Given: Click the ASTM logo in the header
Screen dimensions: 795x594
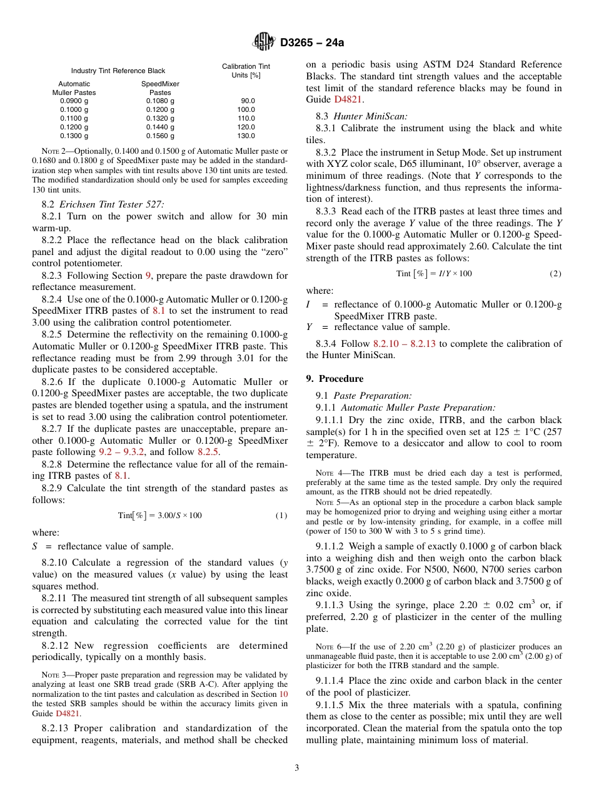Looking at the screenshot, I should (x=263, y=42).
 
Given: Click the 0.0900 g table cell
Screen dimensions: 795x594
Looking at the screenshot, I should (x=74, y=101).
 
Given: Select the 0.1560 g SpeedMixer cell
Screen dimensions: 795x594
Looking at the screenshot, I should (x=160, y=136).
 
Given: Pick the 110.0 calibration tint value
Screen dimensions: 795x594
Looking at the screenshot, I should (x=246, y=118).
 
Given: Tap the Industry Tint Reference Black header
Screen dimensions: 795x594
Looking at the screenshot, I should (x=118, y=71).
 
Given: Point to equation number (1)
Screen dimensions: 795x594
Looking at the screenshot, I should (x=281, y=516).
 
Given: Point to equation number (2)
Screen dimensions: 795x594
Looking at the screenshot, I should (x=555, y=274).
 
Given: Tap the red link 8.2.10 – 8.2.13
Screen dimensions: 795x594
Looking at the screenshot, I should (x=406, y=344).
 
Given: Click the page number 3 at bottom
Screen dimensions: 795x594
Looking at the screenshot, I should (x=297, y=767).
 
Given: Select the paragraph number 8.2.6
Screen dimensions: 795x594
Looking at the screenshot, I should (x=56, y=382).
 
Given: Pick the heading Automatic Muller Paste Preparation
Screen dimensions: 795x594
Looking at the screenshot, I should (x=414, y=407).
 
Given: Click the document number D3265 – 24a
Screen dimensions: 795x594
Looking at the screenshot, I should (x=312, y=43).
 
